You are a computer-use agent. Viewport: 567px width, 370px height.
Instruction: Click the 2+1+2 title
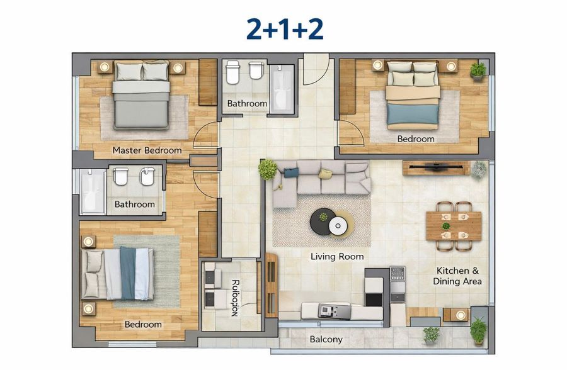coord(285,29)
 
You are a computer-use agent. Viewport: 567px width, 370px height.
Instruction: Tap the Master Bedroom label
coord(147,150)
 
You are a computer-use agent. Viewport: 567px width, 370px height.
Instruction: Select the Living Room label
coord(337,257)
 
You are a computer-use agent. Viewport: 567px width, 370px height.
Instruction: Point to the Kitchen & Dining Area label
coord(457,276)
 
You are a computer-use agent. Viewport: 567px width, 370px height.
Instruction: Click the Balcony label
coord(326,340)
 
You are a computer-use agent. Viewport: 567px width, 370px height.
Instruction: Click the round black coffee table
coord(326,221)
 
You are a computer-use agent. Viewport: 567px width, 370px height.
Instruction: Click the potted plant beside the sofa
coord(268,169)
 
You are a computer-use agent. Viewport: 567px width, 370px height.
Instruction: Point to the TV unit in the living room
coord(436,168)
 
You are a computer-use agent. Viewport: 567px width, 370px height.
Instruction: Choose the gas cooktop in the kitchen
coord(397,274)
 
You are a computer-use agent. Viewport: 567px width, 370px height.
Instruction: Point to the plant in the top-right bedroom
coord(478,70)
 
